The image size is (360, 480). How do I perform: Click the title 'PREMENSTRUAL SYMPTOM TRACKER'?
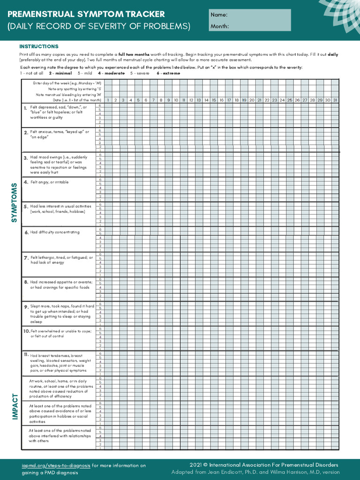coord(86,14)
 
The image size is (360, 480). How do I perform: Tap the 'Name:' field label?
coord(219,15)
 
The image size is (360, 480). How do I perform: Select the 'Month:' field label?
coord(219,26)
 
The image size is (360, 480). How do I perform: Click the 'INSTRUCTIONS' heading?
coord(38,46)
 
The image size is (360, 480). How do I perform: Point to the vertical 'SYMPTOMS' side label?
coord(14,202)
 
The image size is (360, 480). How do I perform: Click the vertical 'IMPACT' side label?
coord(15,406)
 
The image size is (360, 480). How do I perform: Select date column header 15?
coord(214,100)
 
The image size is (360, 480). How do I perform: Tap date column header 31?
coord(335,100)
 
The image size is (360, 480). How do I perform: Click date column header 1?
coord(108,100)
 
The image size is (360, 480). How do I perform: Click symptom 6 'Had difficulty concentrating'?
coord(54,232)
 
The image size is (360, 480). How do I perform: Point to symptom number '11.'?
coord(26,355)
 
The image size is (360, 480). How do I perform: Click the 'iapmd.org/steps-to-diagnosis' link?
coord(56,465)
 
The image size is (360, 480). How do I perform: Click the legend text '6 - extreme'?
coord(168,73)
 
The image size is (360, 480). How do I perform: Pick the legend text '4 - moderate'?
coord(111,73)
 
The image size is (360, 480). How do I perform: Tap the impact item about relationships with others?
coord(60,435)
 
